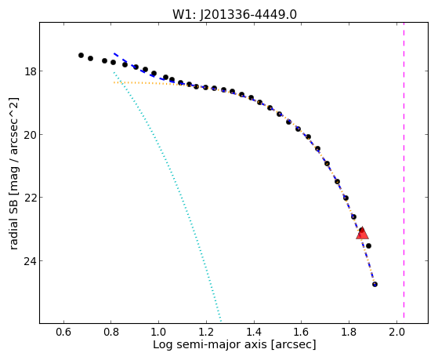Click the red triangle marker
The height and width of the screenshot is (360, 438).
click(x=362, y=234)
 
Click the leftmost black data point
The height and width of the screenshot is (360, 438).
click(x=81, y=55)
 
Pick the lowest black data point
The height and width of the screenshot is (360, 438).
click(x=375, y=284)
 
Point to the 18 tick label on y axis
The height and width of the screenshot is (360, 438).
click(x=31, y=71)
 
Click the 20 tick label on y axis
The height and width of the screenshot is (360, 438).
click(x=31, y=135)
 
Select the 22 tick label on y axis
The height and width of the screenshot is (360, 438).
click(x=31, y=198)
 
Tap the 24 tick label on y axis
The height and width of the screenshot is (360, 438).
click(x=31, y=261)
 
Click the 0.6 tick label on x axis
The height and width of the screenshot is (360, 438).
click(x=64, y=332)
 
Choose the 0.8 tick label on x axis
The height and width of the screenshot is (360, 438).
click(x=111, y=332)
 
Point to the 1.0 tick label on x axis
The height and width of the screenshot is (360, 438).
click(x=158, y=332)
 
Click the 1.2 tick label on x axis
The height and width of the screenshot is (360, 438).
click(x=206, y=332)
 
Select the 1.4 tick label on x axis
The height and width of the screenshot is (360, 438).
click(x=254, y=332)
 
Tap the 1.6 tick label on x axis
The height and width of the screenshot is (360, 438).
click(x=302, y=332)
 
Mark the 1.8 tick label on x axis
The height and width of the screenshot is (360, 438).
click(x=349, y=332)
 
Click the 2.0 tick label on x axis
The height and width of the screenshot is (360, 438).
click(x=396, y=332)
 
